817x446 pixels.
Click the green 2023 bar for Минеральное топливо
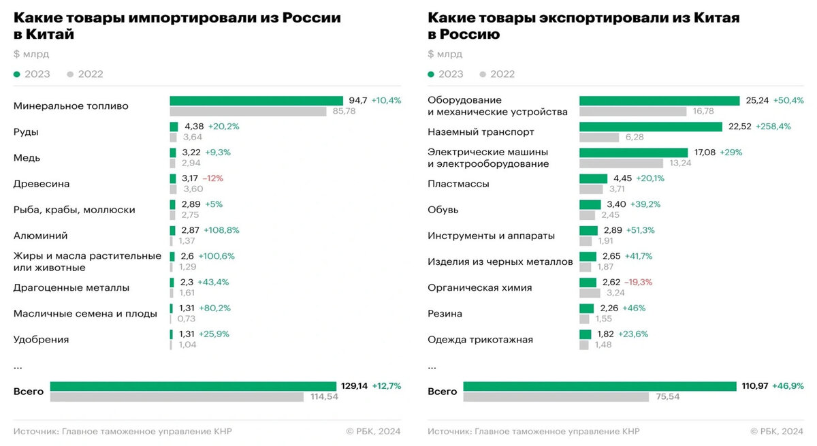pyautogui.click(x=256, y=100)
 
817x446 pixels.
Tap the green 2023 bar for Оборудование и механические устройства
pyautogui.click(x=659, y=100)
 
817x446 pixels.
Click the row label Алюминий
pyautogui.click(x=40, y=236)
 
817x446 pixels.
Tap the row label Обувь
pyautogui.click(x=443, y=210)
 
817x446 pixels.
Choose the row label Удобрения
pyautogui.click(x=41, y=340)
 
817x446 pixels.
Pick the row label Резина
pyautogui.click(x=445, y=314)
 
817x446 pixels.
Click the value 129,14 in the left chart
pyautogui.click(x=354, y=386)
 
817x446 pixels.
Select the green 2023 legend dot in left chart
pyautogui.click(x=17, y=74)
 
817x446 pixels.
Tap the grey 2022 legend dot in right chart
pyautogui.click(x=483, y=74)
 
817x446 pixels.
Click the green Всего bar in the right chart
pyautogui.click(x=600, y=386)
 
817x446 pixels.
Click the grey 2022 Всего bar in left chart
pyautogui.click(x=176, y=397)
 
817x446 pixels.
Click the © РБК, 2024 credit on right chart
pyautogui.click(x=777, y=431)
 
